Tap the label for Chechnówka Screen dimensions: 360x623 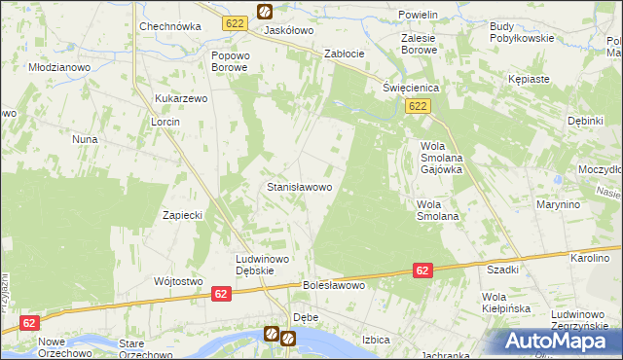pyautogui.click(x=169, y=27)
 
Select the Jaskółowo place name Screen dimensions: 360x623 pyautogui.click(x=289, y=31)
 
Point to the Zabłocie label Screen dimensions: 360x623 pyautogui.click(x=345, y=54)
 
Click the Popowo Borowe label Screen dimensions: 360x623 pyautogui.click(x=231, y=62)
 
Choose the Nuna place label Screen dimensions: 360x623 pyautogui.click(x=85, y=139)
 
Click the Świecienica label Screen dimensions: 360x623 pyautogui.click(x=411, y=88)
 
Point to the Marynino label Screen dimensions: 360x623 pyautogui.click(x=558, y=205)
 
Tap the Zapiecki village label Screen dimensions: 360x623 pyautogui.click(x=182, y=215)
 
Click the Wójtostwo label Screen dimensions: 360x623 pyautogui.click(x=177, y=281)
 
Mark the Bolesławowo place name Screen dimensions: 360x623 pyautogui.click(x=334, y=286)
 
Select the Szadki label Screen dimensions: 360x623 pyautogui.click(x=502, y=270)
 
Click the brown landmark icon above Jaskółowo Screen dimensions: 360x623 pyautogui.click(x=265, y=12)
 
